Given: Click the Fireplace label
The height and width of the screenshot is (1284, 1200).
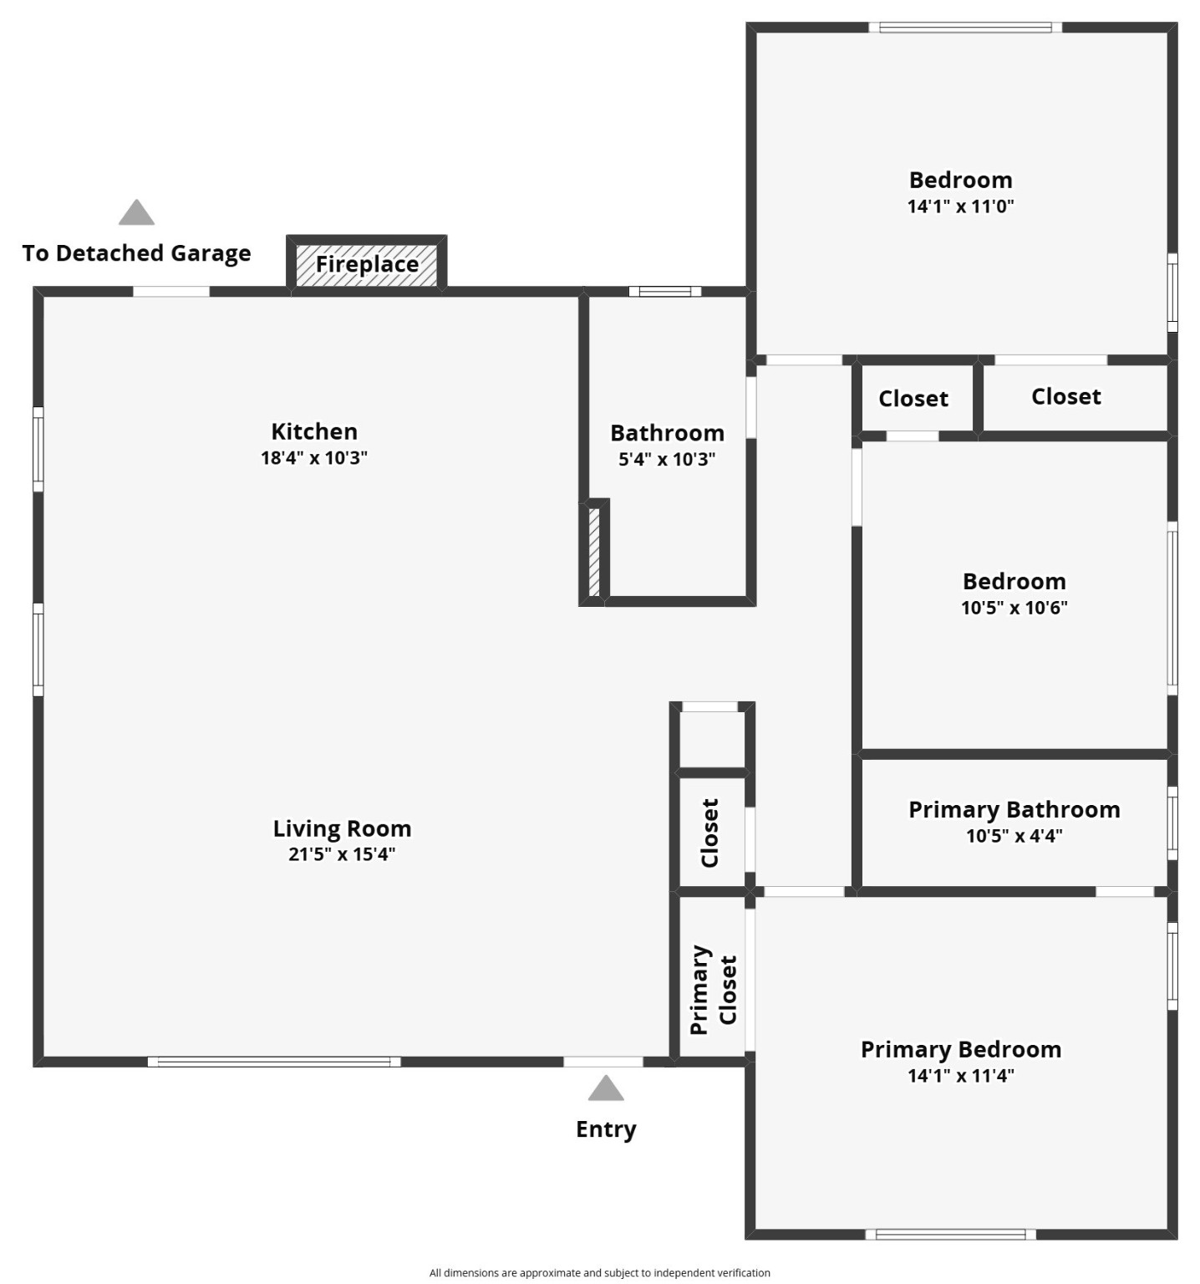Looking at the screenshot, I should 367,264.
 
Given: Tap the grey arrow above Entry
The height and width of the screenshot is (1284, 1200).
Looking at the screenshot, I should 606,1088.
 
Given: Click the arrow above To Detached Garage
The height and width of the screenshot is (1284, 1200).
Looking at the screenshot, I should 136,212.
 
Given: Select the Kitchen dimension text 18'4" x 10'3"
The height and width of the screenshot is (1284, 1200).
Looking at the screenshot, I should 314,458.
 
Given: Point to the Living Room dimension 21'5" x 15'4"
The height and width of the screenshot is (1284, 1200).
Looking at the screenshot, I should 342,854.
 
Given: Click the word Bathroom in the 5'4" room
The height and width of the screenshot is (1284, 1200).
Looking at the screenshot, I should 667,433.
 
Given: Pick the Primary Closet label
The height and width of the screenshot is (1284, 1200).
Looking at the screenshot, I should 713,990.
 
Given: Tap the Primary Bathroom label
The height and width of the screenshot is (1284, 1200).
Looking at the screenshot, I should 1014,809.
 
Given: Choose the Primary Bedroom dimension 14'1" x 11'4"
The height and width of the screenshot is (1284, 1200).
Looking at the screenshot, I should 961,1076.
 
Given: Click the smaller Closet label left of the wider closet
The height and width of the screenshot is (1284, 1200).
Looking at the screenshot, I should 913,399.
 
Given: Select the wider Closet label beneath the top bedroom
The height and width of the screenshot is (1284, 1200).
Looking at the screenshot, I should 1065,396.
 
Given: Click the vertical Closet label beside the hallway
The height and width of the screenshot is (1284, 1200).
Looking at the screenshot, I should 709,833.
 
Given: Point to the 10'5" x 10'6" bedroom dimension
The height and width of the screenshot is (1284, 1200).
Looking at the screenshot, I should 1014,608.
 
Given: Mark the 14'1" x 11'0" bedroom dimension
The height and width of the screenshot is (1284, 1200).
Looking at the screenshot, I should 960,206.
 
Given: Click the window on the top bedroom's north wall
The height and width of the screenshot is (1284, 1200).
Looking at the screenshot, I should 965,28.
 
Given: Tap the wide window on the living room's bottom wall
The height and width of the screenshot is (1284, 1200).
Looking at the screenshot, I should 274,1062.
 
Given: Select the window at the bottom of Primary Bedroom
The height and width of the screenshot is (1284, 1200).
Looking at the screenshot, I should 950,1234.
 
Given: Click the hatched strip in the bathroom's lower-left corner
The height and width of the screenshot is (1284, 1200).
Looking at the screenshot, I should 594,552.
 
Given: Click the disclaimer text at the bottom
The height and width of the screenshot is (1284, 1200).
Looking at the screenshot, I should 599,1272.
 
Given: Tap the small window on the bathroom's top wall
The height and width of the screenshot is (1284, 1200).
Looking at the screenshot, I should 665,292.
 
